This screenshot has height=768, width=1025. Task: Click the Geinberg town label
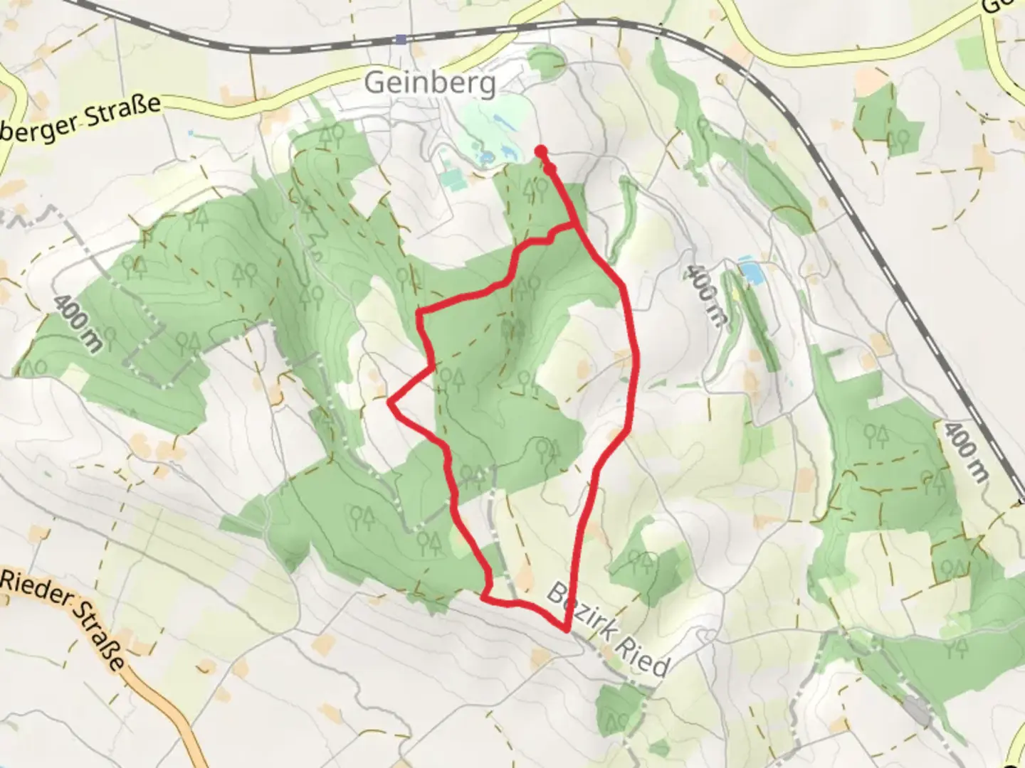coord(430,83)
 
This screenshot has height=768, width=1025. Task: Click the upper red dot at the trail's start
coord(541,150)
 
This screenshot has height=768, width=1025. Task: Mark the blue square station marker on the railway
coord(402,39)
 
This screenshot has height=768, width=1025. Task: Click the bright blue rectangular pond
coord(748,270)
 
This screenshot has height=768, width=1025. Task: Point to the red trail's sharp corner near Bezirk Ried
coord(566,629)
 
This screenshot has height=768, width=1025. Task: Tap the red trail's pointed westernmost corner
coord(389,402)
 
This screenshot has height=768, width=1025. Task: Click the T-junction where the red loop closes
coord(575,226)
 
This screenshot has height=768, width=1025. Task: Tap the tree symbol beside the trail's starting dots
coord(529,189)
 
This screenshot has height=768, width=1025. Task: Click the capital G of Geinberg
coord(374,83)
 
